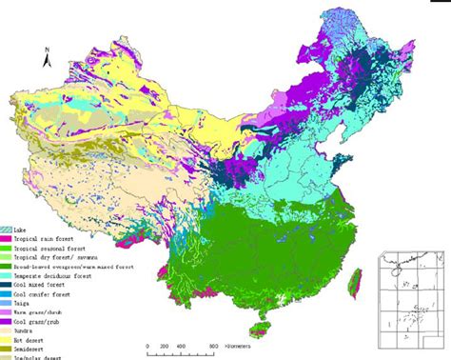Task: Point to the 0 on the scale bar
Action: tap(147, 347)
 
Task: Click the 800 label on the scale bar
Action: tap(213, 347)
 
